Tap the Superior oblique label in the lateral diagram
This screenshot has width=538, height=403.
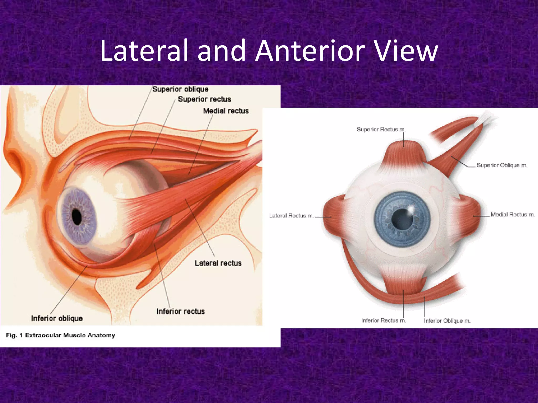[180, 89]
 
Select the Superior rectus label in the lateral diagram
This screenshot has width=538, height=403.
[204, 99]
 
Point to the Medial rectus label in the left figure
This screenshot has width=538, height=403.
[226, 111]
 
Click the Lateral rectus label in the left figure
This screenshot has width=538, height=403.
[218, 263]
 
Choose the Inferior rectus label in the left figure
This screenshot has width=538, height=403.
[180, 311]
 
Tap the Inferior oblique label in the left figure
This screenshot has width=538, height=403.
[57, 318]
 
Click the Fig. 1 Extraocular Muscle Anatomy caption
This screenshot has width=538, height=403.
[60, 335]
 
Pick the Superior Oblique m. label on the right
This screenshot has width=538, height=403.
[502, 165]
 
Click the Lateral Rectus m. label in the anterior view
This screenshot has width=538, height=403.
[291, 216]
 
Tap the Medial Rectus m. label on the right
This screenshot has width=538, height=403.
[513, 215]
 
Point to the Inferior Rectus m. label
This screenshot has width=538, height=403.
[384, 320]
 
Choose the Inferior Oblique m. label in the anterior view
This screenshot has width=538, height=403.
[447, 321]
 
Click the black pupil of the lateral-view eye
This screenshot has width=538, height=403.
[77, 217]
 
